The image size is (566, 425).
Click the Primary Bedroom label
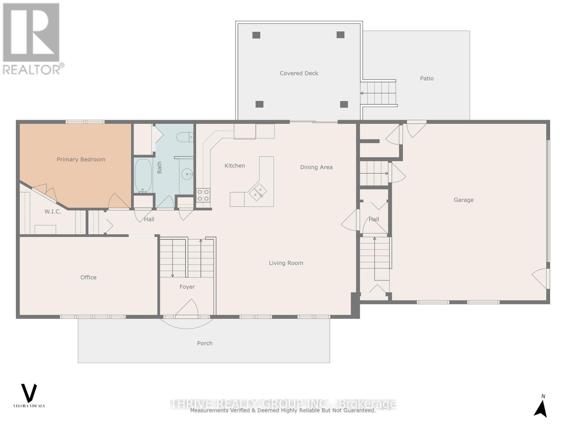(x=81, y=159)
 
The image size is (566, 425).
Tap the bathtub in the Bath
(x=143, y=176)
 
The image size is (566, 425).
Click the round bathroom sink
(x=187, y=174)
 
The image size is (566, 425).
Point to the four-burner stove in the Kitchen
(x=203, y=195)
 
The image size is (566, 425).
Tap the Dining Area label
(x=316, y=167)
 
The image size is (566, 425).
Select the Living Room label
(x=286, y=263)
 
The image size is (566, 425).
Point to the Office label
(x=88, y=277)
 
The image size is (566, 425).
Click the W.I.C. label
(x=53, y=211)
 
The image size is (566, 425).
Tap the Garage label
(x=463, y=200)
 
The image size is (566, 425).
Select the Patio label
(x=427, y=78)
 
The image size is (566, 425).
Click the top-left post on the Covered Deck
(x=256, y=35)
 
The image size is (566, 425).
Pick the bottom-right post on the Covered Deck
(x=344, y=104)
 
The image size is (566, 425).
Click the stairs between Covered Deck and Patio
(x=379, y=93)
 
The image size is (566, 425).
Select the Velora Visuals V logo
(x=29, y=393)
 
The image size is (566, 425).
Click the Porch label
(x=204, y=343)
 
